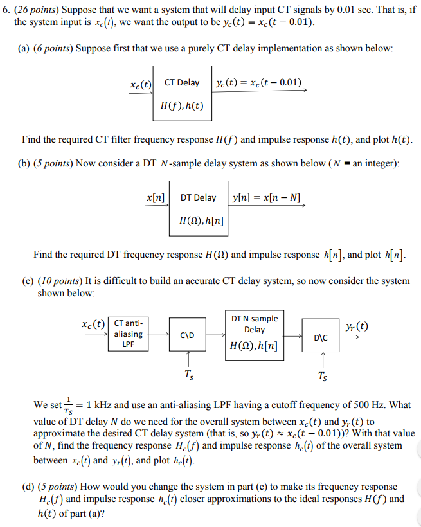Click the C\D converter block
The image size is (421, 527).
[188, 335]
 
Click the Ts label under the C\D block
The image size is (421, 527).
[188, 375]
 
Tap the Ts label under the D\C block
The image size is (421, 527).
[321, 377]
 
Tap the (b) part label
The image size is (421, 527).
[23, 163]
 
